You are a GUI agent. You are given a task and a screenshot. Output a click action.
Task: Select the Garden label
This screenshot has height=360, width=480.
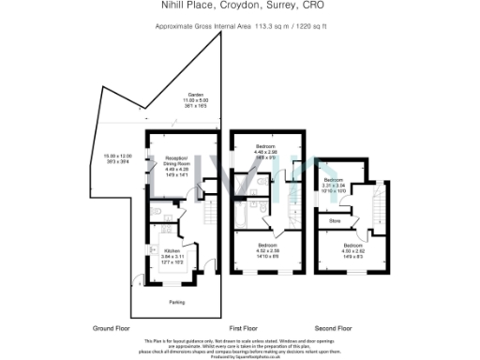pos(196,95)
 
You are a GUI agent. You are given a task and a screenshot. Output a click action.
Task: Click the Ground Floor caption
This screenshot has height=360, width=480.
pos(110,329)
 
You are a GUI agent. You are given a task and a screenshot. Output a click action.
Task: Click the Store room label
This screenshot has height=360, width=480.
pos(334,221)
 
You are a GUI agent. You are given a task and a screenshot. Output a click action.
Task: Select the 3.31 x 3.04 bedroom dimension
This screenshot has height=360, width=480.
pos(334,187)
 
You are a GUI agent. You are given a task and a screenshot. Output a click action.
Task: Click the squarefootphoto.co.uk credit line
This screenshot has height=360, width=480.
pos(239,357)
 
